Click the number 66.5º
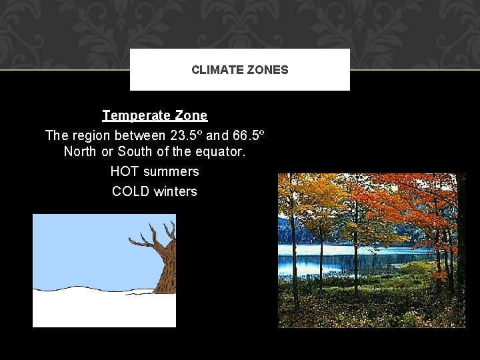click(x=249, y=135)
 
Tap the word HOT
click(x=125, y=171)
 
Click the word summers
click(x=171, y=171)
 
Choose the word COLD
click(x=131, y=191)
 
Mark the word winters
click(x=175, y=191)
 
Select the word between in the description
click(x=142, y=135)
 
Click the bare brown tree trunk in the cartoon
click(x=166, y=270)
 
